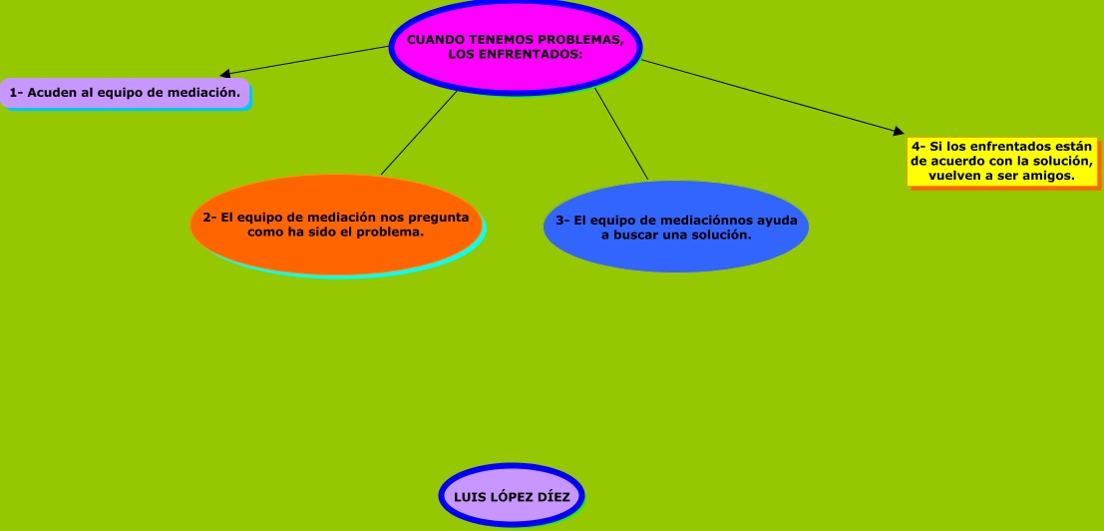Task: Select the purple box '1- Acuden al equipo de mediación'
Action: pos(125,93)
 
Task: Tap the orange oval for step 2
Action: pos(336,225)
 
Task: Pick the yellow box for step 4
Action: pos(1001,161)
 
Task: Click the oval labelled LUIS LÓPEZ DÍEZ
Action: pos(512,496)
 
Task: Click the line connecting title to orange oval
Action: pos(419,132)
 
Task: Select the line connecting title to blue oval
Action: pos(621,134)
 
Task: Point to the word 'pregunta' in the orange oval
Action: pos(439,217)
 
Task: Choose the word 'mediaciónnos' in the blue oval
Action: pos(711,221)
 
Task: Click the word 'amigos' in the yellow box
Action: pos(1048,176)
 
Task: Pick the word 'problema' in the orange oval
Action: pos(390,231)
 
